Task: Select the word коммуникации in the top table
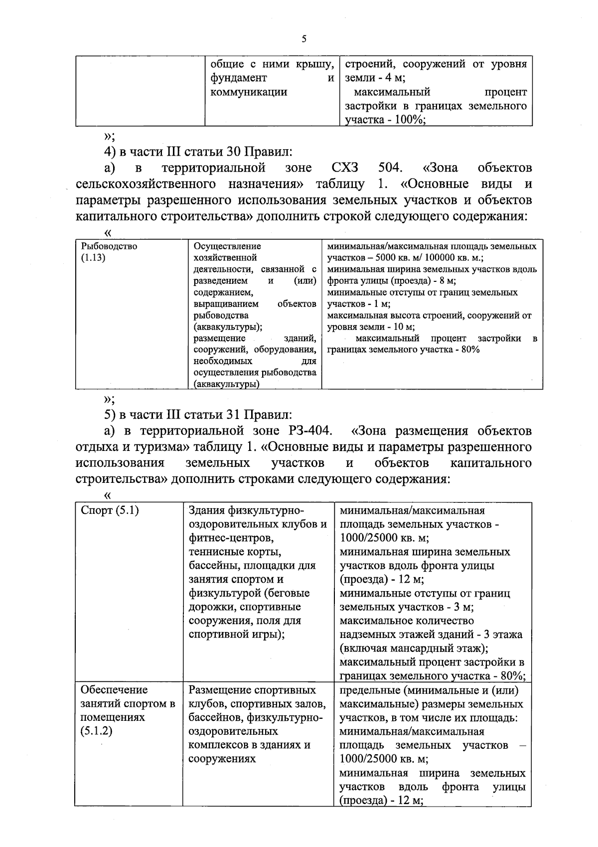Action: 249,92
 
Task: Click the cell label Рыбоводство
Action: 109,246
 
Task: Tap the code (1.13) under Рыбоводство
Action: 93,258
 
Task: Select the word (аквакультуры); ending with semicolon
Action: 228,327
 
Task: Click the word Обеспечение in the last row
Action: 114,690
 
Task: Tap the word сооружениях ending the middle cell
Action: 222,759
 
